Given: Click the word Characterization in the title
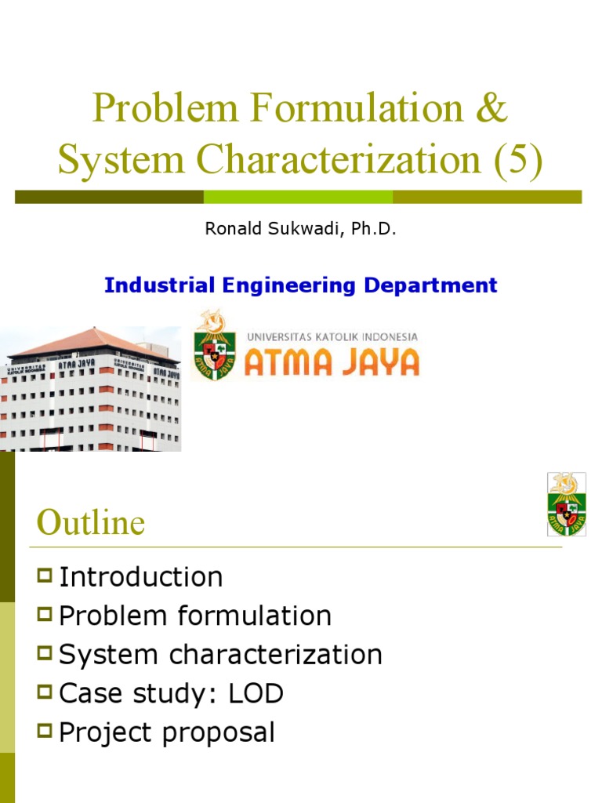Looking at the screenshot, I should tap(339, 159).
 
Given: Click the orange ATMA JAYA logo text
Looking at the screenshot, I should tap(332, 362).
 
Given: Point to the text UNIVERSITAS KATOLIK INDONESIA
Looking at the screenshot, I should tap(332, 336).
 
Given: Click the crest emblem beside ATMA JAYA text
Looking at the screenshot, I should tap(214, 345).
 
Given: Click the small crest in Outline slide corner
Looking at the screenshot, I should tap(567, 504).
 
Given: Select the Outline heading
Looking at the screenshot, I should tap(90, 523).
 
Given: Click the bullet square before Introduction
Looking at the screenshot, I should tap(44, 578).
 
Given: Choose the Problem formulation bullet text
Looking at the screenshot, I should tap(195, 616).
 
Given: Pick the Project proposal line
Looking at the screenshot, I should tap(166, 732).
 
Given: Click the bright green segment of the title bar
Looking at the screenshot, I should tap(298, 196).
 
